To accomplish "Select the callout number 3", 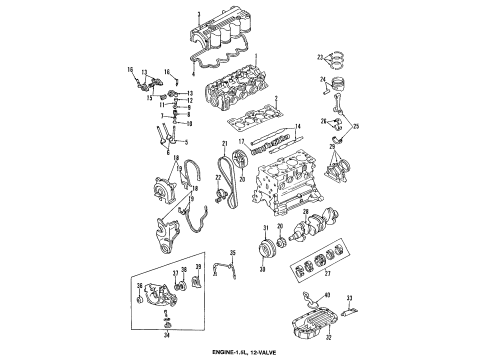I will coord(200,10).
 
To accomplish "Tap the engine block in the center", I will coord(290,190).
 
